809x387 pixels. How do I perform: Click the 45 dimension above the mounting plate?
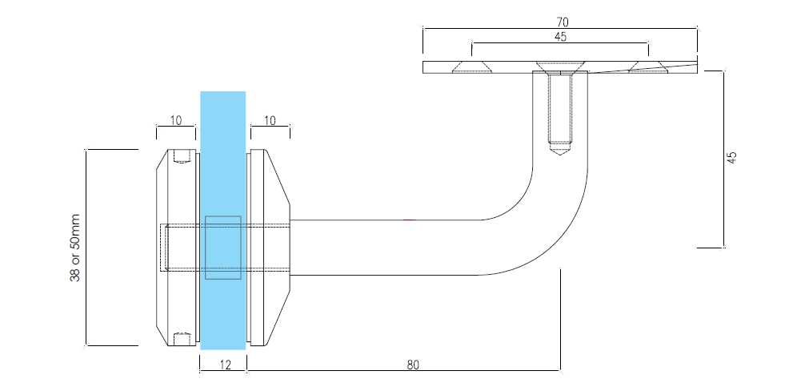pyautogui.click(x=559, y=36)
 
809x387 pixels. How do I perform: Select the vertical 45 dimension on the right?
pyautogui.click(x=731, y=158)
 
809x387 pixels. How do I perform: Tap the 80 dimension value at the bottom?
pyautogui.click(x=413, y=365)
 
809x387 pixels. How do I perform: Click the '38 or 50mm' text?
pyautogui.click(x=75, y=247)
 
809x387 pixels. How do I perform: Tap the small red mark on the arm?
pyautogui.click(x=409, y=220)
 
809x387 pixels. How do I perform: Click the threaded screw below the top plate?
pyautogui.click(x=560, y=108)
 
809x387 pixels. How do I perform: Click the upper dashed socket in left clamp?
pyautogui.click(x=182, y=155)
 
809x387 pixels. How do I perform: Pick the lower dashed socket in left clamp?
pyautogui.click(x=182, y=338)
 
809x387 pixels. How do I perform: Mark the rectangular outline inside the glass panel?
pyautogui.click(x=223, y=248)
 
